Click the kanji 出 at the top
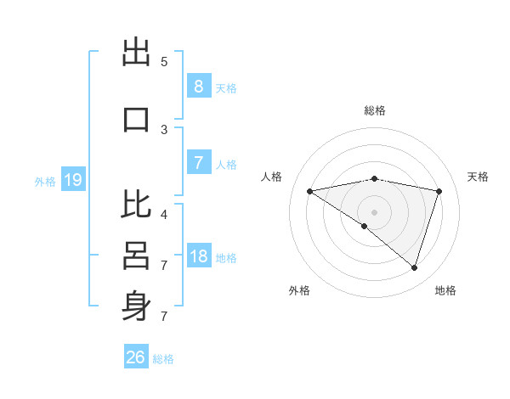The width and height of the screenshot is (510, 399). point(136,53)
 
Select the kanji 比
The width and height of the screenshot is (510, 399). point(136,204)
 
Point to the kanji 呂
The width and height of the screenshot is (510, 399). point(136,254)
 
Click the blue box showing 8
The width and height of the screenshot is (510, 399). point(198,87)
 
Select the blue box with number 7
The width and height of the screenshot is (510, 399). point(198,163)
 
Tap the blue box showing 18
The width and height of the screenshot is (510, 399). point(198,256)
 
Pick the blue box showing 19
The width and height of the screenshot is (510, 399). point(72,180)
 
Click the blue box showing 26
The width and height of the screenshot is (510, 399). point(136,357)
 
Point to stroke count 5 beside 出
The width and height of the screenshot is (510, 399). point(164,62)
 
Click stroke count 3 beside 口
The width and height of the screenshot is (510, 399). point(164,130)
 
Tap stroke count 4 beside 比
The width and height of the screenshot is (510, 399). point(164,215)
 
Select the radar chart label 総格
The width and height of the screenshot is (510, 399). point(374,110)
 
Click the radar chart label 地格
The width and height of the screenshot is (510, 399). point(445,290)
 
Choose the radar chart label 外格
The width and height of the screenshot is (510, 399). point(299,290)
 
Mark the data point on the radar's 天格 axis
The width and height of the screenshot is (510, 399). point(439,191)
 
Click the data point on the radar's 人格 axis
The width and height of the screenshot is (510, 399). point(309,191)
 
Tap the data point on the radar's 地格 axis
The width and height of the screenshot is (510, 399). point(414,267)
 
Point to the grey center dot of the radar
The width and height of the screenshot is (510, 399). point(374,211)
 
